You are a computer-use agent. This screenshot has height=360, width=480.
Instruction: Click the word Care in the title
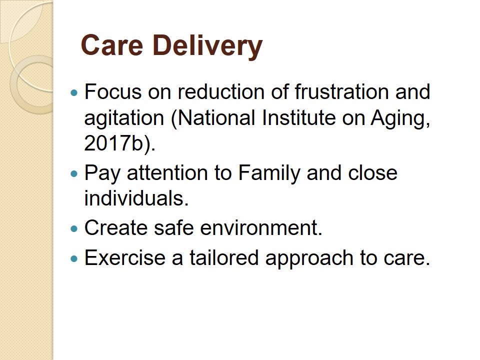tap(112, 45)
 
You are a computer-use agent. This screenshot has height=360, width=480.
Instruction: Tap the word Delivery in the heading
tap(207, 46)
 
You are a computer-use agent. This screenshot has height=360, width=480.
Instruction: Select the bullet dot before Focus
tap(74, 92)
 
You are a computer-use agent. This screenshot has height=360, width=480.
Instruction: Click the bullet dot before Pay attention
tap(74, 174)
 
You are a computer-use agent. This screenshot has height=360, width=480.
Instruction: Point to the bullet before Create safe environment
tap(74, 228)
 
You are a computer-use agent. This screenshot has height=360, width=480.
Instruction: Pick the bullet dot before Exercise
tap(74, 258)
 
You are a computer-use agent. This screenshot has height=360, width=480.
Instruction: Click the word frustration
tap(342, 91)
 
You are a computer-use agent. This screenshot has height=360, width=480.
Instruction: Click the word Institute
tap(299, 118)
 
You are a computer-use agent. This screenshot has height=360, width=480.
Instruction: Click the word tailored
tap(224, 257)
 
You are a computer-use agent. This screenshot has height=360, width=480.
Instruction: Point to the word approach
tap(309, 258)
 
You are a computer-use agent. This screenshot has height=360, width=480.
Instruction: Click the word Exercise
tap(125, 257)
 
